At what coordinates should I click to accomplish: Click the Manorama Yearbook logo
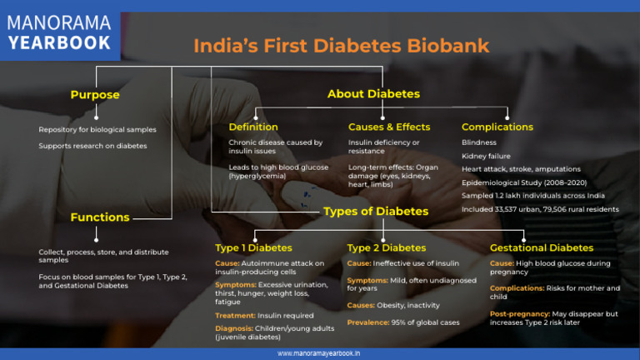[x=59, y=32]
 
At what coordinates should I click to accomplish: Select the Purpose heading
[x=95, y=95]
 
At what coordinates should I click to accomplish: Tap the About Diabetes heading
[x=373, y=94]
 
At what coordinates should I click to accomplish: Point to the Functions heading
[x=100, y=217]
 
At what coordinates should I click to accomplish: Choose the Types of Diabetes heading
[x=376, y=212]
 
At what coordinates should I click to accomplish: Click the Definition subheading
[x=253, y=127]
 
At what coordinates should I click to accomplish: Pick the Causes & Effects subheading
[x=389, y=127]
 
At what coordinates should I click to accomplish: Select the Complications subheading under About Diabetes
[x=497, y=127]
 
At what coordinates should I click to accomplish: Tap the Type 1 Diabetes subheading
[x=253, y=247]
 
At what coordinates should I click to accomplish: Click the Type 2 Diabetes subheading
[x=386, y=247]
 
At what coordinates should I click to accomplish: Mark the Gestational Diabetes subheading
[x=542, y=247]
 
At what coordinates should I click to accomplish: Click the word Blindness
[x=479, y=142]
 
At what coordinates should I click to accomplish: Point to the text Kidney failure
[x=486, y=156]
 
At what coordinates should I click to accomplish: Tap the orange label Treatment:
[x=241, y=316]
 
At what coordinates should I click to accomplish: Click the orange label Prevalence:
[x=368, y=322]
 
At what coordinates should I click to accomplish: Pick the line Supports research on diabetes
[x=92, y=146]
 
